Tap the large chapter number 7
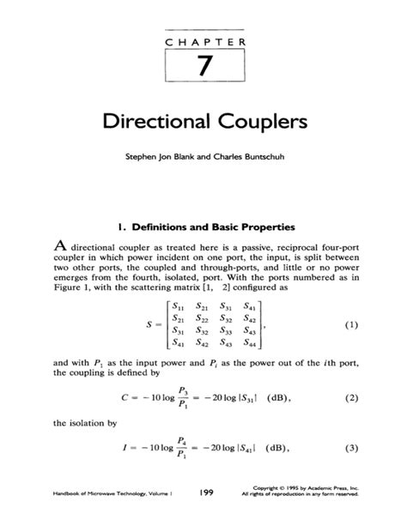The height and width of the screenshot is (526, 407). (x=203, y=67)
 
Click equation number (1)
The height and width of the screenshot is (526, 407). (x=349, y=325)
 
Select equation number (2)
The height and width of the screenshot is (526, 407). (x=349, y=397)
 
